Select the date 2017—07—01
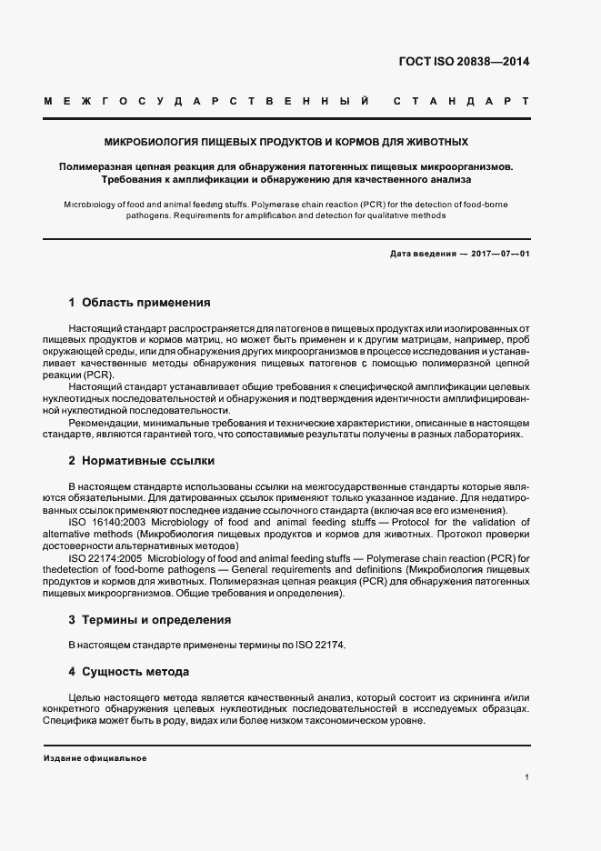[x=497, y=253]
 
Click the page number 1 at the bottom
[x=526, y=777]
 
